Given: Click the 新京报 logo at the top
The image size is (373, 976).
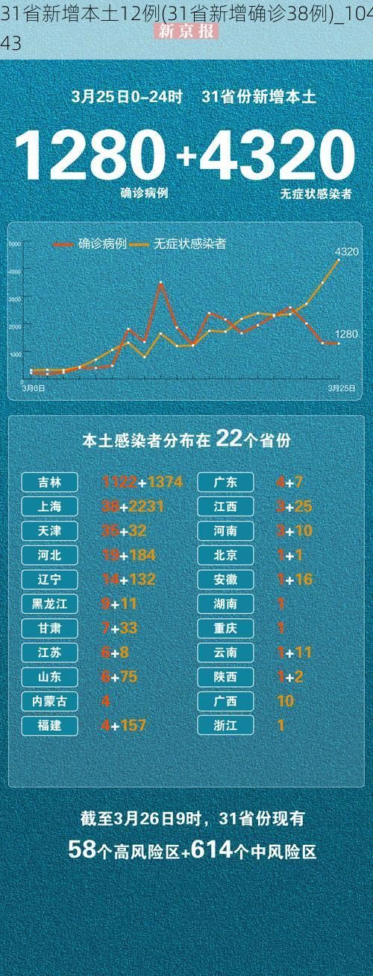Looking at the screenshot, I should [x=186, y=31].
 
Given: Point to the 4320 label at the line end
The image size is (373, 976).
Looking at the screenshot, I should [x=346, y=252].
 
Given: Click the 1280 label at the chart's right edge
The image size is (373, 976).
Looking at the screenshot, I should [x=346, y=334].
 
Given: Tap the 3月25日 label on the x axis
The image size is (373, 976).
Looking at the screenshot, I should [x=341, y=388].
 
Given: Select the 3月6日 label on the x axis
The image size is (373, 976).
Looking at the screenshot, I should [x=33, y=388].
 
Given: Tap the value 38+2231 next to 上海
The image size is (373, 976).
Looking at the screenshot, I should [x=133, y=507].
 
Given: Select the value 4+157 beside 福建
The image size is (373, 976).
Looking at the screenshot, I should [x=124, y=725].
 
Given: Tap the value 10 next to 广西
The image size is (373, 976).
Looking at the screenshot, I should [x=285, y=701].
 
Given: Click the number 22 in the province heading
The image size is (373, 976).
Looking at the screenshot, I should [x=228, y=439].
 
